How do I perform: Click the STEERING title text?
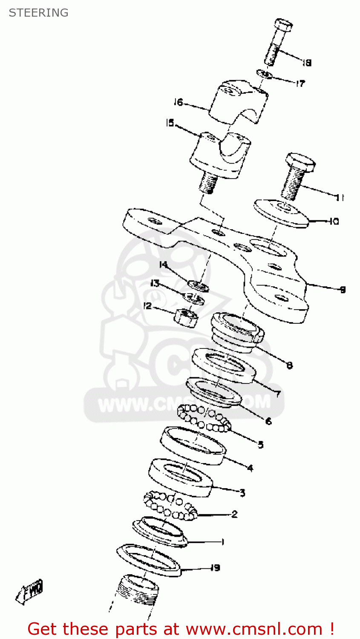tap(38, 13)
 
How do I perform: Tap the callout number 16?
tap(178, 102)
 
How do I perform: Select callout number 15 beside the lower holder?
tap(170, 123)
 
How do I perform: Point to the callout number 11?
tap(340, 197)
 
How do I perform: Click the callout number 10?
tap(334, 221)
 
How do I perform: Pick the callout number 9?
tap(342, 290)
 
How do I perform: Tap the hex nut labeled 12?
tap(186, 317)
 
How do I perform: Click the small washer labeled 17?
tap(265, 74)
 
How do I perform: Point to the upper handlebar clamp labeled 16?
tap(239, 102)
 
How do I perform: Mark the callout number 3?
tap(242, 493)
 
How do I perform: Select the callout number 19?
tap(216, 567)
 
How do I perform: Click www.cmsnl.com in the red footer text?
tap(254, 629)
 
